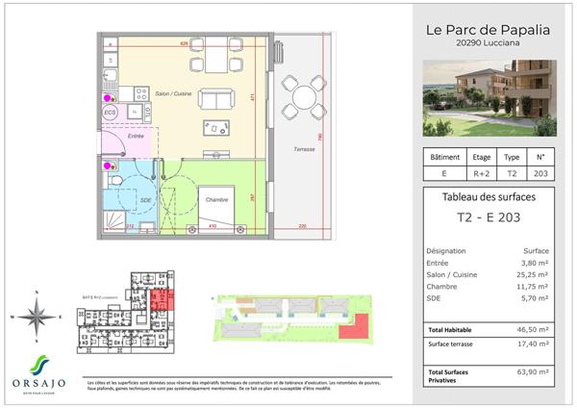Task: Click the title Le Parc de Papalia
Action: click(488, 29)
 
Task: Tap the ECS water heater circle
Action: click(112, 113)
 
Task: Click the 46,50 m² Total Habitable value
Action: click(532, 328)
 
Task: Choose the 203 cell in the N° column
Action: click(539, 174)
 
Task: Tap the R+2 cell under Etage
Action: click(481, 174)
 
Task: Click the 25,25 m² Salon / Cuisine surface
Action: click(532, 274)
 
